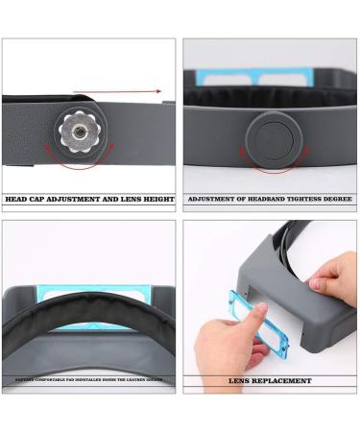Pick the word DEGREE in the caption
338,200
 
